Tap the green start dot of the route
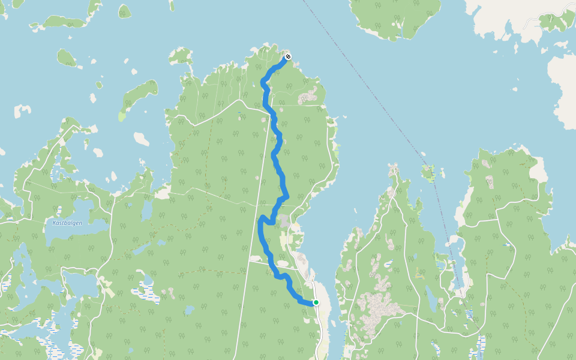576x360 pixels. click(316, 302)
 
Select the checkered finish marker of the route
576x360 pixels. click(288, 56)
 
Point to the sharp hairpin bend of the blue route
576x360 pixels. click(261, 219)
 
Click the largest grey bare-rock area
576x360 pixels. click(375, 306)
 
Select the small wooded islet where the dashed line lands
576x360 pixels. click(428, 173)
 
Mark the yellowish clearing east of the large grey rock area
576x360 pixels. click(419, 276)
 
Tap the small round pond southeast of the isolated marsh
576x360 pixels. click(188, 310)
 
